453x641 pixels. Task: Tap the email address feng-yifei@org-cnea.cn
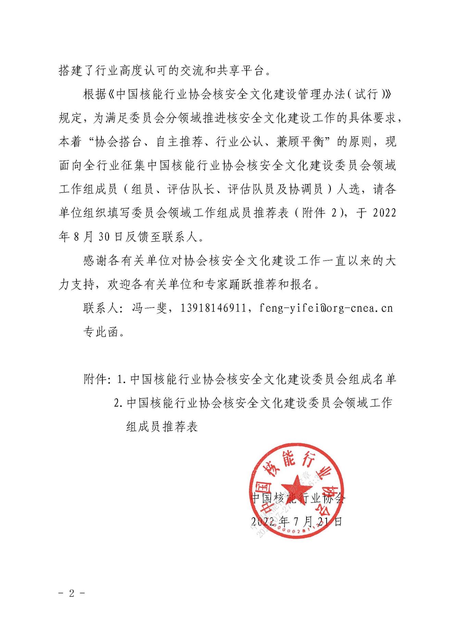click(326, 308)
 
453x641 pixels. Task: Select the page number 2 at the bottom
click(72, 593)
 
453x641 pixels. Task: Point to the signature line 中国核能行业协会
click(298, 498)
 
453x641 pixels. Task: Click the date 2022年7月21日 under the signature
click(297, 521)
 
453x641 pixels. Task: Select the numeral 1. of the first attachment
click(122, 379)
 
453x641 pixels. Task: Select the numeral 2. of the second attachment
click(118, 403)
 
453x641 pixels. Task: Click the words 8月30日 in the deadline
click(92, 237)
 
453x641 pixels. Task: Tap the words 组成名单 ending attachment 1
click(372, 379)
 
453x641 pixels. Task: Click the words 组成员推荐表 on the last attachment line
click(162, 427)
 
